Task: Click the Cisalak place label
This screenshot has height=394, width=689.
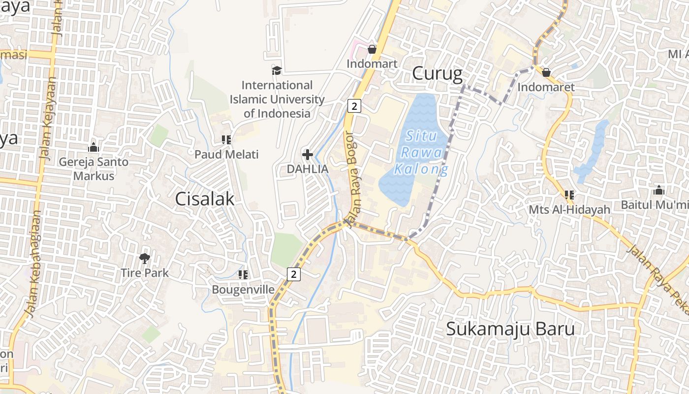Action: (205, 199)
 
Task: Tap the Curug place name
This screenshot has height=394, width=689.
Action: (437, 74)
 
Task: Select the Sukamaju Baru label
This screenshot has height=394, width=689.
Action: (510, 329)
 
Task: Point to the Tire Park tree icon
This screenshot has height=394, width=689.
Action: (144, 258)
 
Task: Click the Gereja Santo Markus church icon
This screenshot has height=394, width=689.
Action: (94, 147)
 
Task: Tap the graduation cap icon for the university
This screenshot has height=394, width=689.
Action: (277, 71)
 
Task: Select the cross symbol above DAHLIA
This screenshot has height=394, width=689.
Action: (308, 155)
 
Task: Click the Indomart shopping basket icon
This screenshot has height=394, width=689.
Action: (372, 49)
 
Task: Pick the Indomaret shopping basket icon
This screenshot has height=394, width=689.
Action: (546, 73)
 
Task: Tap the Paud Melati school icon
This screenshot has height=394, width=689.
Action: (226, 140)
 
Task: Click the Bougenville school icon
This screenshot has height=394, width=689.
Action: (243, 274)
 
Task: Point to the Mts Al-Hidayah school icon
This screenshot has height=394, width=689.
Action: (569, 195)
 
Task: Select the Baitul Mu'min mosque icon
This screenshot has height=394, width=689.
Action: (659, 190)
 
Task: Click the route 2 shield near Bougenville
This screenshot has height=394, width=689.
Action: (293, 274)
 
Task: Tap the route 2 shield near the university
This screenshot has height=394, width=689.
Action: (354, 105)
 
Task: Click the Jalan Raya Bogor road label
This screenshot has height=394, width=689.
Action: (354, 178)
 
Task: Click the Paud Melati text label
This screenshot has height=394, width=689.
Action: (226, 155)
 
